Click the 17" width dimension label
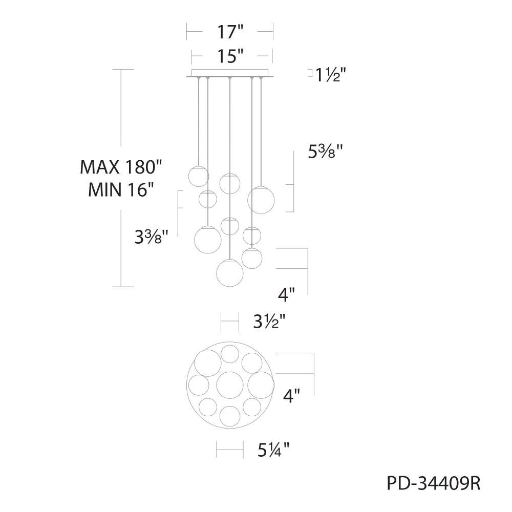(x=230, y=32)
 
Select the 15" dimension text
(x=231, y=56)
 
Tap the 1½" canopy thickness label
(x=330, y=76)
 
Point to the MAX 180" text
(x=121, y=167)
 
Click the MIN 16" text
(x=121, y=189)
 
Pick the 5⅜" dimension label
(x=326, y=152)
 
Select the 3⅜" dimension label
(x=152, y=237)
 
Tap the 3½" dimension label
(x=270, y=322)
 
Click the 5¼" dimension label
(x=273, y=450)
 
